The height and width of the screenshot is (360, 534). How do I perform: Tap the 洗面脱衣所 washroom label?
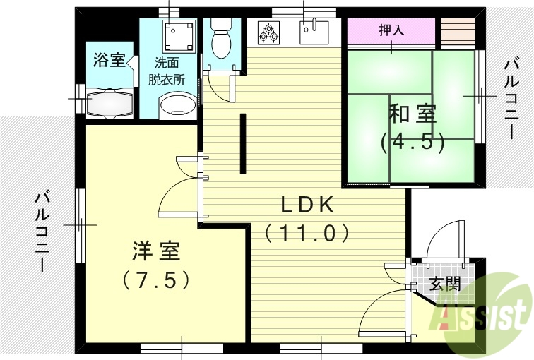[167, 71]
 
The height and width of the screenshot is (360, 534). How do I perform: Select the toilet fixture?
[220, 40]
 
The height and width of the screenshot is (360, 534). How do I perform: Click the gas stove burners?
[268, 32]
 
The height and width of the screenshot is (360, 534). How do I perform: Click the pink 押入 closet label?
[391, 30]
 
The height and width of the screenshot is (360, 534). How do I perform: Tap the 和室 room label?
[413, 114]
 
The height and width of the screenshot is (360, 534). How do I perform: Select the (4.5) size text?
[413, 142]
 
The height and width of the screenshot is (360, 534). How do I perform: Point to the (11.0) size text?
[307, 232]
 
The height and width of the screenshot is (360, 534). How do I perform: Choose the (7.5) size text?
[156, 280]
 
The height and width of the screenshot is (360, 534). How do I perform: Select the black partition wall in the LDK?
[242, 143]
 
